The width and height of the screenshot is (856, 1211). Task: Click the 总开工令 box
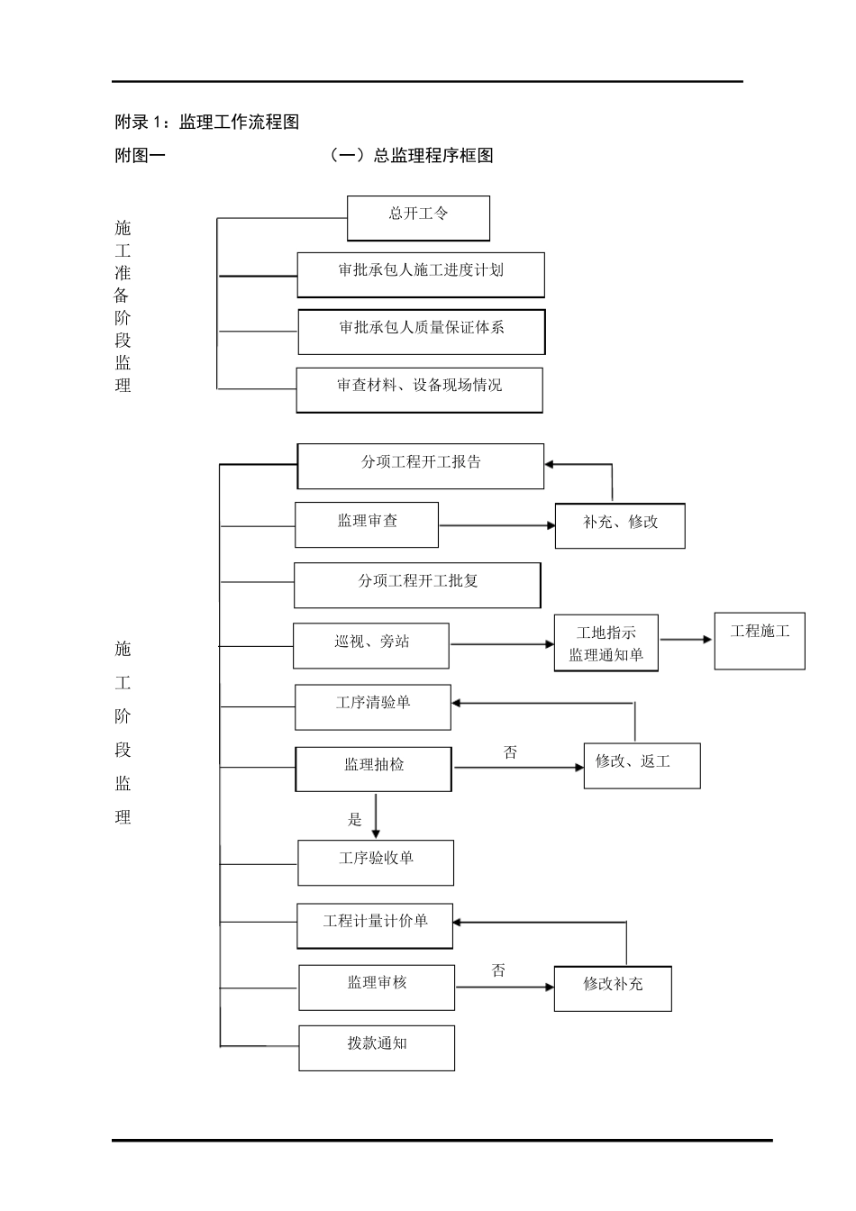tap(418, 218)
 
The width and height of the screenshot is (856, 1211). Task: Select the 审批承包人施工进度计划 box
tap(421, 275)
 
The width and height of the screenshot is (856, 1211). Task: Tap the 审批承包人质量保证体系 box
tap(422, 332)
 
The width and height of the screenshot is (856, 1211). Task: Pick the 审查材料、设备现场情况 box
tap(419, 389)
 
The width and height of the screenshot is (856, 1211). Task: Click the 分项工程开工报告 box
tap(421, 466)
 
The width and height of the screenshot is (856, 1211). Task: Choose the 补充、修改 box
tap(620, 525)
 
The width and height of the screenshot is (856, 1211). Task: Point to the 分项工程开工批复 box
tap(417, 585)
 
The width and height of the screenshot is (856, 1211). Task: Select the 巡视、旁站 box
tap(370, 645)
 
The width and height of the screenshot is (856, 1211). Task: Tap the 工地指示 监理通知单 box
tap(606, 643)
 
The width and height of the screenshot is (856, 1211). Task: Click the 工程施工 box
tap(760, 641)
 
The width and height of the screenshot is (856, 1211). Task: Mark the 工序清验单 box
tap(373, 706)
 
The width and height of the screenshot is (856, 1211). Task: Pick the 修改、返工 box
tap(642, 765)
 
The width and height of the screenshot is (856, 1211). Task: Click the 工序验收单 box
tap(376, 862)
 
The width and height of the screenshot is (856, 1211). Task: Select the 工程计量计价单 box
tap(375, 925)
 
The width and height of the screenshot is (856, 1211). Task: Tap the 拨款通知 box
tap(377, 1047)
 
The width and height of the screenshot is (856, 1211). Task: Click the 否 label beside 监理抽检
tap(511, 752)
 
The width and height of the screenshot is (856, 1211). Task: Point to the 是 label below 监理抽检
tap(355, 819)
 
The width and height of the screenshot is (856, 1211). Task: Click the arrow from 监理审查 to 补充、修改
tap(496, 524)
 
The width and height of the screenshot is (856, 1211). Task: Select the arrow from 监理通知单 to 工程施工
tap(686, 640)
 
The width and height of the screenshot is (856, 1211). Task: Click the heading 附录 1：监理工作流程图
tap(207, 123)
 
